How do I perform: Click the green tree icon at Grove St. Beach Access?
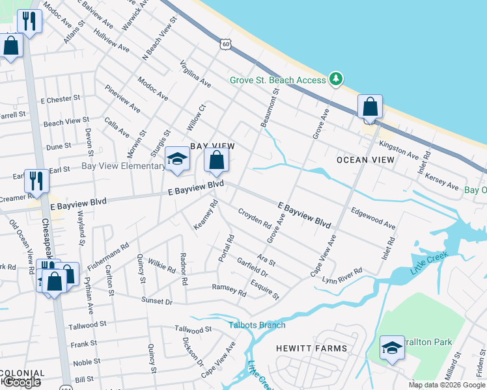click(336, 79)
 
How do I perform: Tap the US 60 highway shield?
click(225, 44)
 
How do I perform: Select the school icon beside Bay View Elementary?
click(176, 159)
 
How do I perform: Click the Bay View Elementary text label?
click(123, 166)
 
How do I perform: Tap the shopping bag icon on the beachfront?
click(370, 107)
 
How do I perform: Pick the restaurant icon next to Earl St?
click(36, 181)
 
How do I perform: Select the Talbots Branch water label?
click(257, 325)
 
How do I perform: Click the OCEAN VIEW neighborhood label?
click(365, 159)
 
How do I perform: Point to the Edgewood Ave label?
click(373, 218)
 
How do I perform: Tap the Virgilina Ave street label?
click(196, 74)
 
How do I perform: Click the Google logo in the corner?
click(22, 382)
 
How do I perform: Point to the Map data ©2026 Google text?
click(447, 385)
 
